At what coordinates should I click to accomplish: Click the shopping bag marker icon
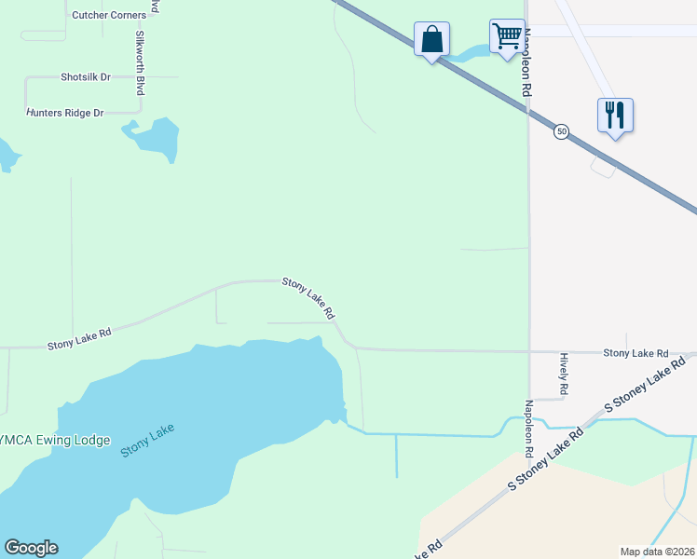tap(431, 40)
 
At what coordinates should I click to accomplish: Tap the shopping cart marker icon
tap(507, 37)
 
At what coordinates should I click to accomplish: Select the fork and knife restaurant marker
tap(615, 116)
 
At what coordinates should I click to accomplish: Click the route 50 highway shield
tap(561, 132)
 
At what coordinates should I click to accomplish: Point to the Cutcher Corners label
tap(109, 15)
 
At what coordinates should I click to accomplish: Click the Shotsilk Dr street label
tap(86, 77)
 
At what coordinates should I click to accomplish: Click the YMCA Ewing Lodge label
tap(55, 441)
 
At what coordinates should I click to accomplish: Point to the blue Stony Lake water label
tap(148, 440)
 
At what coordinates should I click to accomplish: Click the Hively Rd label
tap(564, 372)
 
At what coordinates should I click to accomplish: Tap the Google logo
tap(31, 548)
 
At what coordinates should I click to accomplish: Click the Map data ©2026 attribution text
tap(657, 552)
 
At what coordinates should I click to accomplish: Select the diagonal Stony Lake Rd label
tap(308, 298)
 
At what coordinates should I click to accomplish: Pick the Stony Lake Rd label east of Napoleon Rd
tap(635, 353)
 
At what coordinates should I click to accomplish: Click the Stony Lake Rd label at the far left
tap(79, 338)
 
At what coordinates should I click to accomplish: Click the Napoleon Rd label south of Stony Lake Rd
tap(528, 429)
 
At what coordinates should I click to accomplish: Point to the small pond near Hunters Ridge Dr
tap(153, 137)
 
